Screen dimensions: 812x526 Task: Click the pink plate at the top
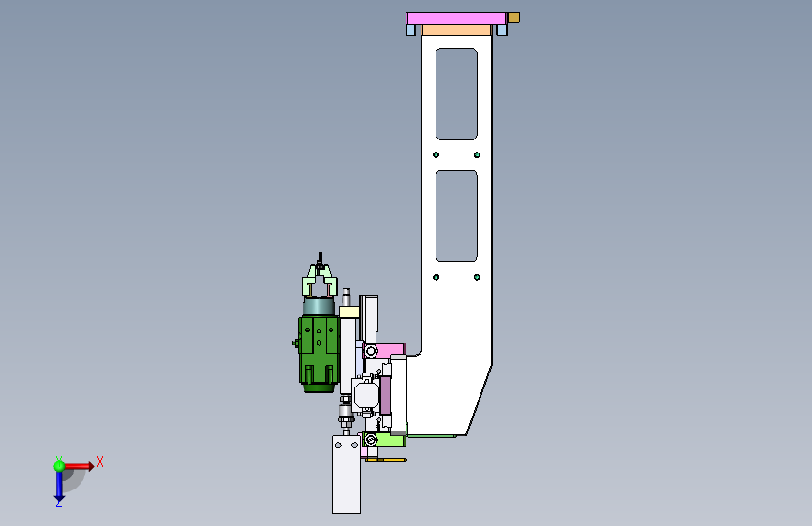point(456,19)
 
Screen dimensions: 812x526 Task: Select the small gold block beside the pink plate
point(513,18)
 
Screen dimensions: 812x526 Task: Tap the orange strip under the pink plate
point(456,31)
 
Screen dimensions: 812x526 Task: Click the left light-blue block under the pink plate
point(411,31)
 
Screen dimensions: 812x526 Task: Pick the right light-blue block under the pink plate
point(502,31)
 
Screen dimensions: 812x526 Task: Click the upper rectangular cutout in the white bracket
point(456,95)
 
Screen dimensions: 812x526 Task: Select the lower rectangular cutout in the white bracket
point(456,216)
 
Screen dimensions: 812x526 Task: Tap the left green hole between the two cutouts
point(436,154)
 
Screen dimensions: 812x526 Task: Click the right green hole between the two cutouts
point(477,154)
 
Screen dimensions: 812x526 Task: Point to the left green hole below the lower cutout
point(436,277)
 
